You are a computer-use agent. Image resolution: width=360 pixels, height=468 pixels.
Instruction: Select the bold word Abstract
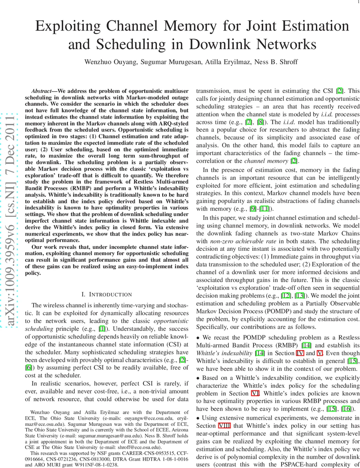[x=42, y=90]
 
